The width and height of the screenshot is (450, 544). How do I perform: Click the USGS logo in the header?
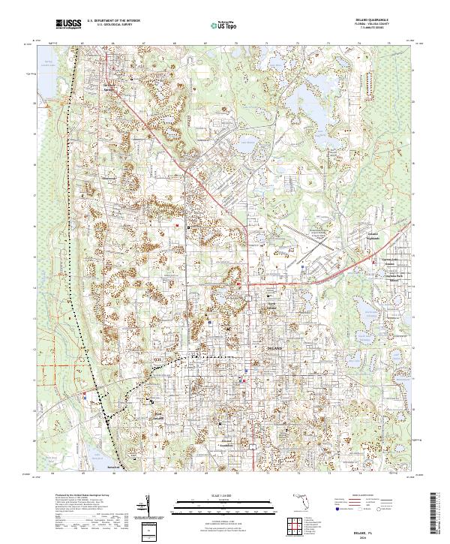click(68, 24)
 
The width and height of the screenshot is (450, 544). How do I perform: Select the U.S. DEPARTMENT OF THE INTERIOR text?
click(113, 21)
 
